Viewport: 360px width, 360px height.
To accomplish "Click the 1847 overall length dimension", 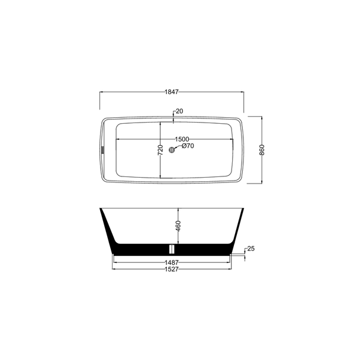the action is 172,92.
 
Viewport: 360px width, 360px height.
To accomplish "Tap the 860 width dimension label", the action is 262,150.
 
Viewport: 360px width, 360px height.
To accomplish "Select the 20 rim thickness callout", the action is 179,111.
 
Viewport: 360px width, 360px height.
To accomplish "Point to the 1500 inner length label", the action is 182,139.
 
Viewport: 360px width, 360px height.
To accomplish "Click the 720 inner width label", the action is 160,150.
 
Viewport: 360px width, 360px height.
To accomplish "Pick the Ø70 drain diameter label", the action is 188,146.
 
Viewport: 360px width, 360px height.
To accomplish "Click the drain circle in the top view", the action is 172,150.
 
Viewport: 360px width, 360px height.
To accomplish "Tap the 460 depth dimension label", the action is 178,226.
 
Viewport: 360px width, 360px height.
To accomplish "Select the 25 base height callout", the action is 251,249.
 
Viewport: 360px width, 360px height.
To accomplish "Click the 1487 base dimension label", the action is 172,262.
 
